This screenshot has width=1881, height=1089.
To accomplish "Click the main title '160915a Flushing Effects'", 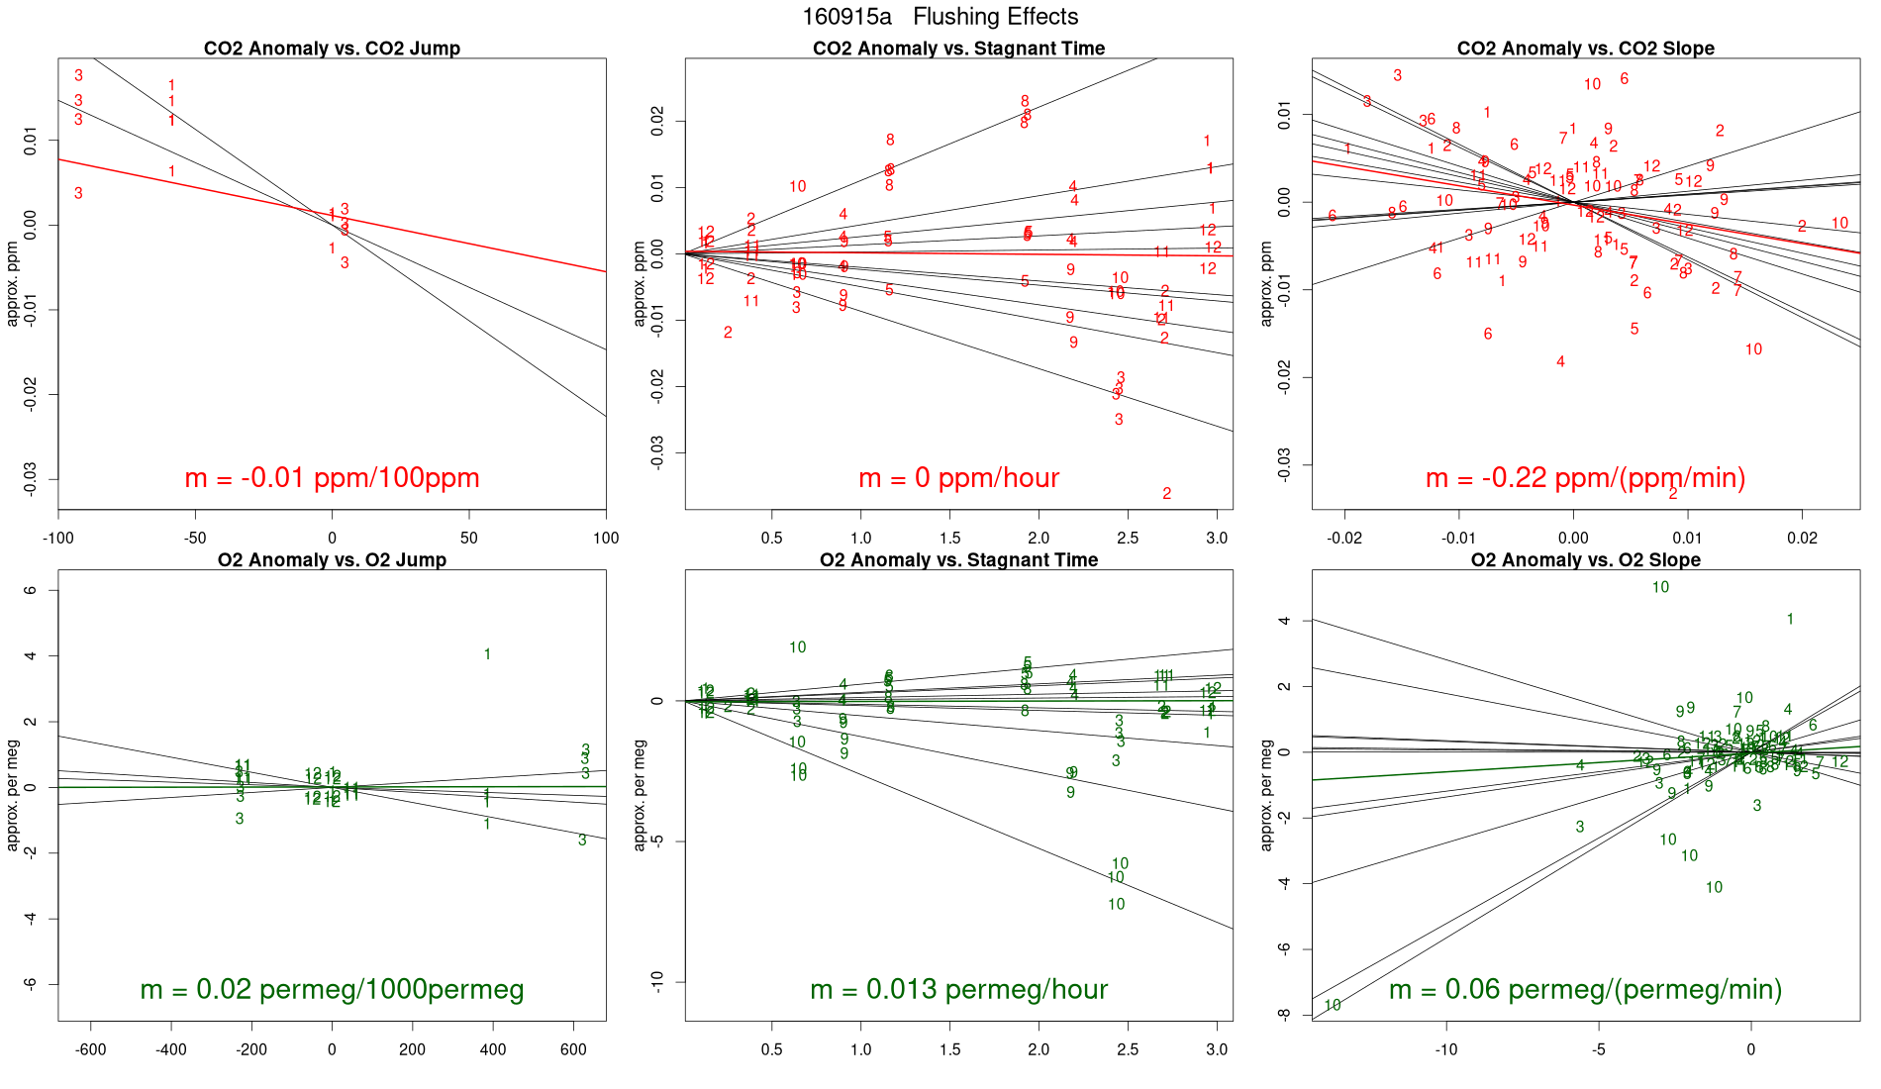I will point(940,17).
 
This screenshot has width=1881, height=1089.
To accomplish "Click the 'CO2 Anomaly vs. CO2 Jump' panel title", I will point(332,49).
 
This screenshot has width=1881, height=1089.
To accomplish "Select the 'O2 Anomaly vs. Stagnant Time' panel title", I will point(958,560).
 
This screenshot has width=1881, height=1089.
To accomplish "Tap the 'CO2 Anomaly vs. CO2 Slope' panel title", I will point(1585,49).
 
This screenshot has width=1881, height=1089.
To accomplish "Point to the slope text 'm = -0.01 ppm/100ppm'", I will point(332,478).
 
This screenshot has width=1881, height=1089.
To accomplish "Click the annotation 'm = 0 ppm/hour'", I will point(958,478).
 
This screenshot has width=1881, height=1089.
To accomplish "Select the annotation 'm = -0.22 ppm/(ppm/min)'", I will point(1585,478).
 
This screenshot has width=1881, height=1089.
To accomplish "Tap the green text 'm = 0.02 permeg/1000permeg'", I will point(332,989).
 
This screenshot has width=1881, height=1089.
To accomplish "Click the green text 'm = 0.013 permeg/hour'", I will point(958,989).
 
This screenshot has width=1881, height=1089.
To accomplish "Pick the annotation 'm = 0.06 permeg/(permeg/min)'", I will point(1585,989).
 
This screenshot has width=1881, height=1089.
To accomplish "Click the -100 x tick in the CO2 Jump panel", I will point(58,539).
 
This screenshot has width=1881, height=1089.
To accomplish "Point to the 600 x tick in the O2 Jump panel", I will point(573,1049).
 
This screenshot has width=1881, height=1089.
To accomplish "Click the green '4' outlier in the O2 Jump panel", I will point(487,654).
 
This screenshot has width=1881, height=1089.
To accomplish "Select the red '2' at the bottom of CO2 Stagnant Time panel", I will point(1167,493).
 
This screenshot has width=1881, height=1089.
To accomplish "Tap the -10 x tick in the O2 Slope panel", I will point(1446,1049).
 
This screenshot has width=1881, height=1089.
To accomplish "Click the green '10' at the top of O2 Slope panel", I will point(1660,587).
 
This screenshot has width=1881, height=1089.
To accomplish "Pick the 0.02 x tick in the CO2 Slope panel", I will point(1802,539).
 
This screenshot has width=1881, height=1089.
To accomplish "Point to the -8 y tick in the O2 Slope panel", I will point(1284,1014).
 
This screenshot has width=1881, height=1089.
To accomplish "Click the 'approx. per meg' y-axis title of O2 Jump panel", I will point(13,795).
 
